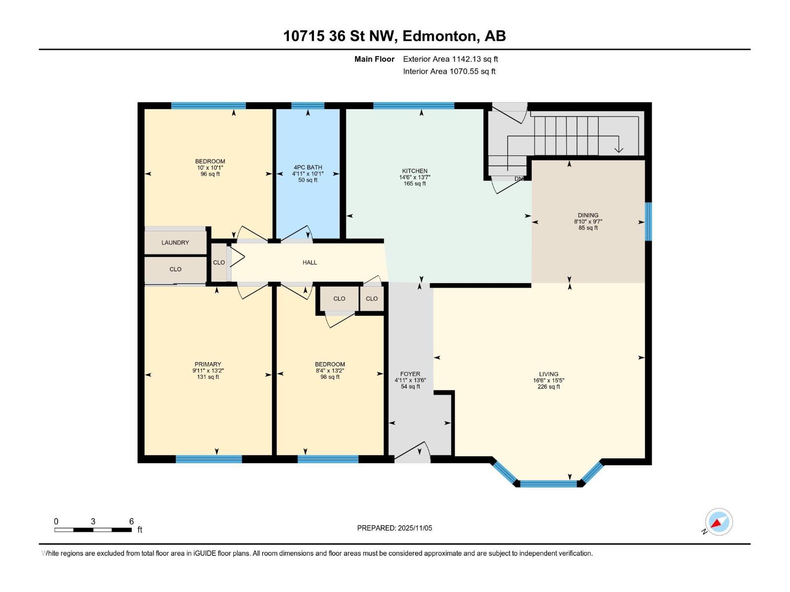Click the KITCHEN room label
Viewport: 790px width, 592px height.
pyautogui.click(x=414, y=171)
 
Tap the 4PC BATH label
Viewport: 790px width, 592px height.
pyautogui.click(x=308, y=168)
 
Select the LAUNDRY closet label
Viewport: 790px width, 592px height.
pyautogui.click(x=175, y=243)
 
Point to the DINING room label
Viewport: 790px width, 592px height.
pyautogui.click(x=588, y=216)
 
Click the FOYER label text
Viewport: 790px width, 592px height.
pyautogui.click(x=410, y=374)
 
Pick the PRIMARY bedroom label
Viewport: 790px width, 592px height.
pyautogui.click(x=208, y=365)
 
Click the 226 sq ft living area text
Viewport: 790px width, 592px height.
pyautogui.click(x=549, y=387)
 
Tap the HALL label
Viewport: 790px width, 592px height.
pyautogui.click(x=310, y=262)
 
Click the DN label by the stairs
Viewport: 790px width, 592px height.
pyautogui.click(x=518, y=179)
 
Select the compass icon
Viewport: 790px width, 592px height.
pyautogui.click(x=718, y=522)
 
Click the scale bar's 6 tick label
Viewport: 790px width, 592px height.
pyautogui.click(x=131, y=521)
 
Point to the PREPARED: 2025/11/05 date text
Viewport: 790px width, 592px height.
pyautogui.click(x=395, y=528)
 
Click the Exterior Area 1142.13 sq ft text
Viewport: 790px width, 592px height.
pyautogui.click(x=450, y=59)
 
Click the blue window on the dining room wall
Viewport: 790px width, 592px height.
pyautogui.click(x=648, y=222)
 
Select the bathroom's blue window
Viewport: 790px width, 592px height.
pyautogui.click(x=308, y=106)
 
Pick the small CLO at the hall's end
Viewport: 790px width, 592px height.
pyautogui.click(x=219, y=262)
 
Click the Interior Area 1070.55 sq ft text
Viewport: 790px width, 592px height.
pyautogui.click(x=449, y=72)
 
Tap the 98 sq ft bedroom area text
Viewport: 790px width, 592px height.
pyautogui.click(x=330, y=377)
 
